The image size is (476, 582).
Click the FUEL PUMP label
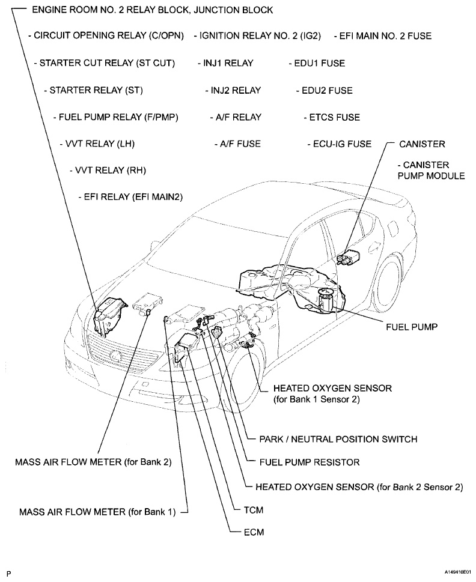[x=411, y=327]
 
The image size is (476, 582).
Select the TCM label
[x=254, y=510]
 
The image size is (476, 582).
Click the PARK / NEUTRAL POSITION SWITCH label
[x=338, y=439]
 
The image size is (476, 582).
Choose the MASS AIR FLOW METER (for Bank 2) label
[x=94, y=462]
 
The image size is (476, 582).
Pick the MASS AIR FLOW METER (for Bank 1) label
[x=97, y=512]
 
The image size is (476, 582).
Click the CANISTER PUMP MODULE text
[x=431, y=171]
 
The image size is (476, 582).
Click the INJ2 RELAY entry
[x=236, y=90]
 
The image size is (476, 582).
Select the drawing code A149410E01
[x=457, y=572]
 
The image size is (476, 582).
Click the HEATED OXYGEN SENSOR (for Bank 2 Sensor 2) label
[x=359, y=487]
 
